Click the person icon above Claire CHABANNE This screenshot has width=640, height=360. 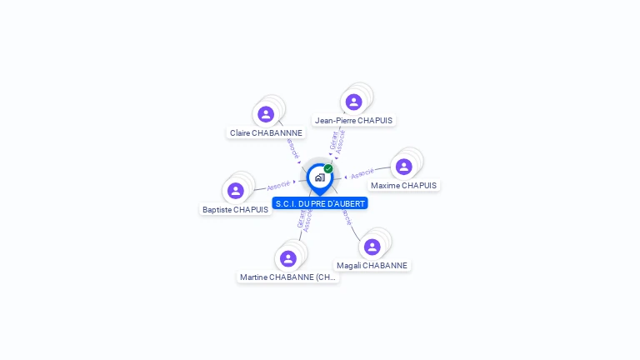pos(266,114)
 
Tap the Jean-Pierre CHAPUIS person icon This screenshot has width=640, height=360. pos(353,102)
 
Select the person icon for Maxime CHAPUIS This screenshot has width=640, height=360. pos(403,167)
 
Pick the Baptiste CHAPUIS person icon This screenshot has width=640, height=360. pos(236,191)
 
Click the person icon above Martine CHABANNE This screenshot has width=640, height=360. pos(288,258)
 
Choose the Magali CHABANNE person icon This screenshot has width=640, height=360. pos(372,247)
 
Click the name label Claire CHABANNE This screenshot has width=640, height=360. pos(267,133)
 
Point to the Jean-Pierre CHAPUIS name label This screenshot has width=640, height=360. pos(353,121)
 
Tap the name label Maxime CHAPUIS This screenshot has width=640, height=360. pos(403,186)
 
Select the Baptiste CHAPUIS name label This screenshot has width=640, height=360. pos(236,210)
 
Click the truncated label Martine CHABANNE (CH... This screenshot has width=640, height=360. pos(288,277)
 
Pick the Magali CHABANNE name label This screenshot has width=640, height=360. pos(372,266)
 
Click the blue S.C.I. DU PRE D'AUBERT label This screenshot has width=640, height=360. pos(320,203)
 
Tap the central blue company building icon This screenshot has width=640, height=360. pos(319,177)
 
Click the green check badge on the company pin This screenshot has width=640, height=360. pos(328,169)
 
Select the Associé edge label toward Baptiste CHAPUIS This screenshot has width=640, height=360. pos(278,185)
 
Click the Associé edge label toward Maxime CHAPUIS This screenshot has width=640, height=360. pos(362,174)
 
